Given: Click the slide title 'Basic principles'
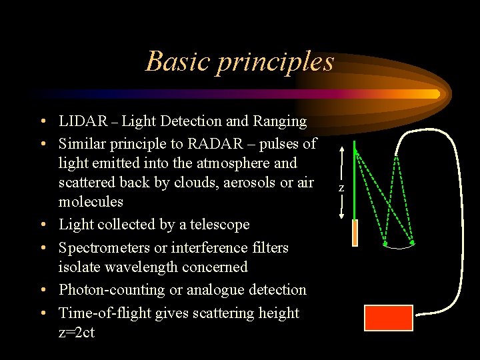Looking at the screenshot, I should (239, 61).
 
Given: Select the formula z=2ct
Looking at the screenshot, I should (77, 333).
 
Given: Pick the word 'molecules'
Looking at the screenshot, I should (91, 201).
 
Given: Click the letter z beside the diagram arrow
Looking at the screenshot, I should (341, 189).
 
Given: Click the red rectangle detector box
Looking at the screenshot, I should (388, 317).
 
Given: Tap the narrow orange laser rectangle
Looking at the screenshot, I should (355, 233).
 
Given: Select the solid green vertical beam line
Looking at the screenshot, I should (355, 180).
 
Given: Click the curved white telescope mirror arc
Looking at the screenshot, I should (399, 247).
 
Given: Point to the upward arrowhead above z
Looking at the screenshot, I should (341, 150).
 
